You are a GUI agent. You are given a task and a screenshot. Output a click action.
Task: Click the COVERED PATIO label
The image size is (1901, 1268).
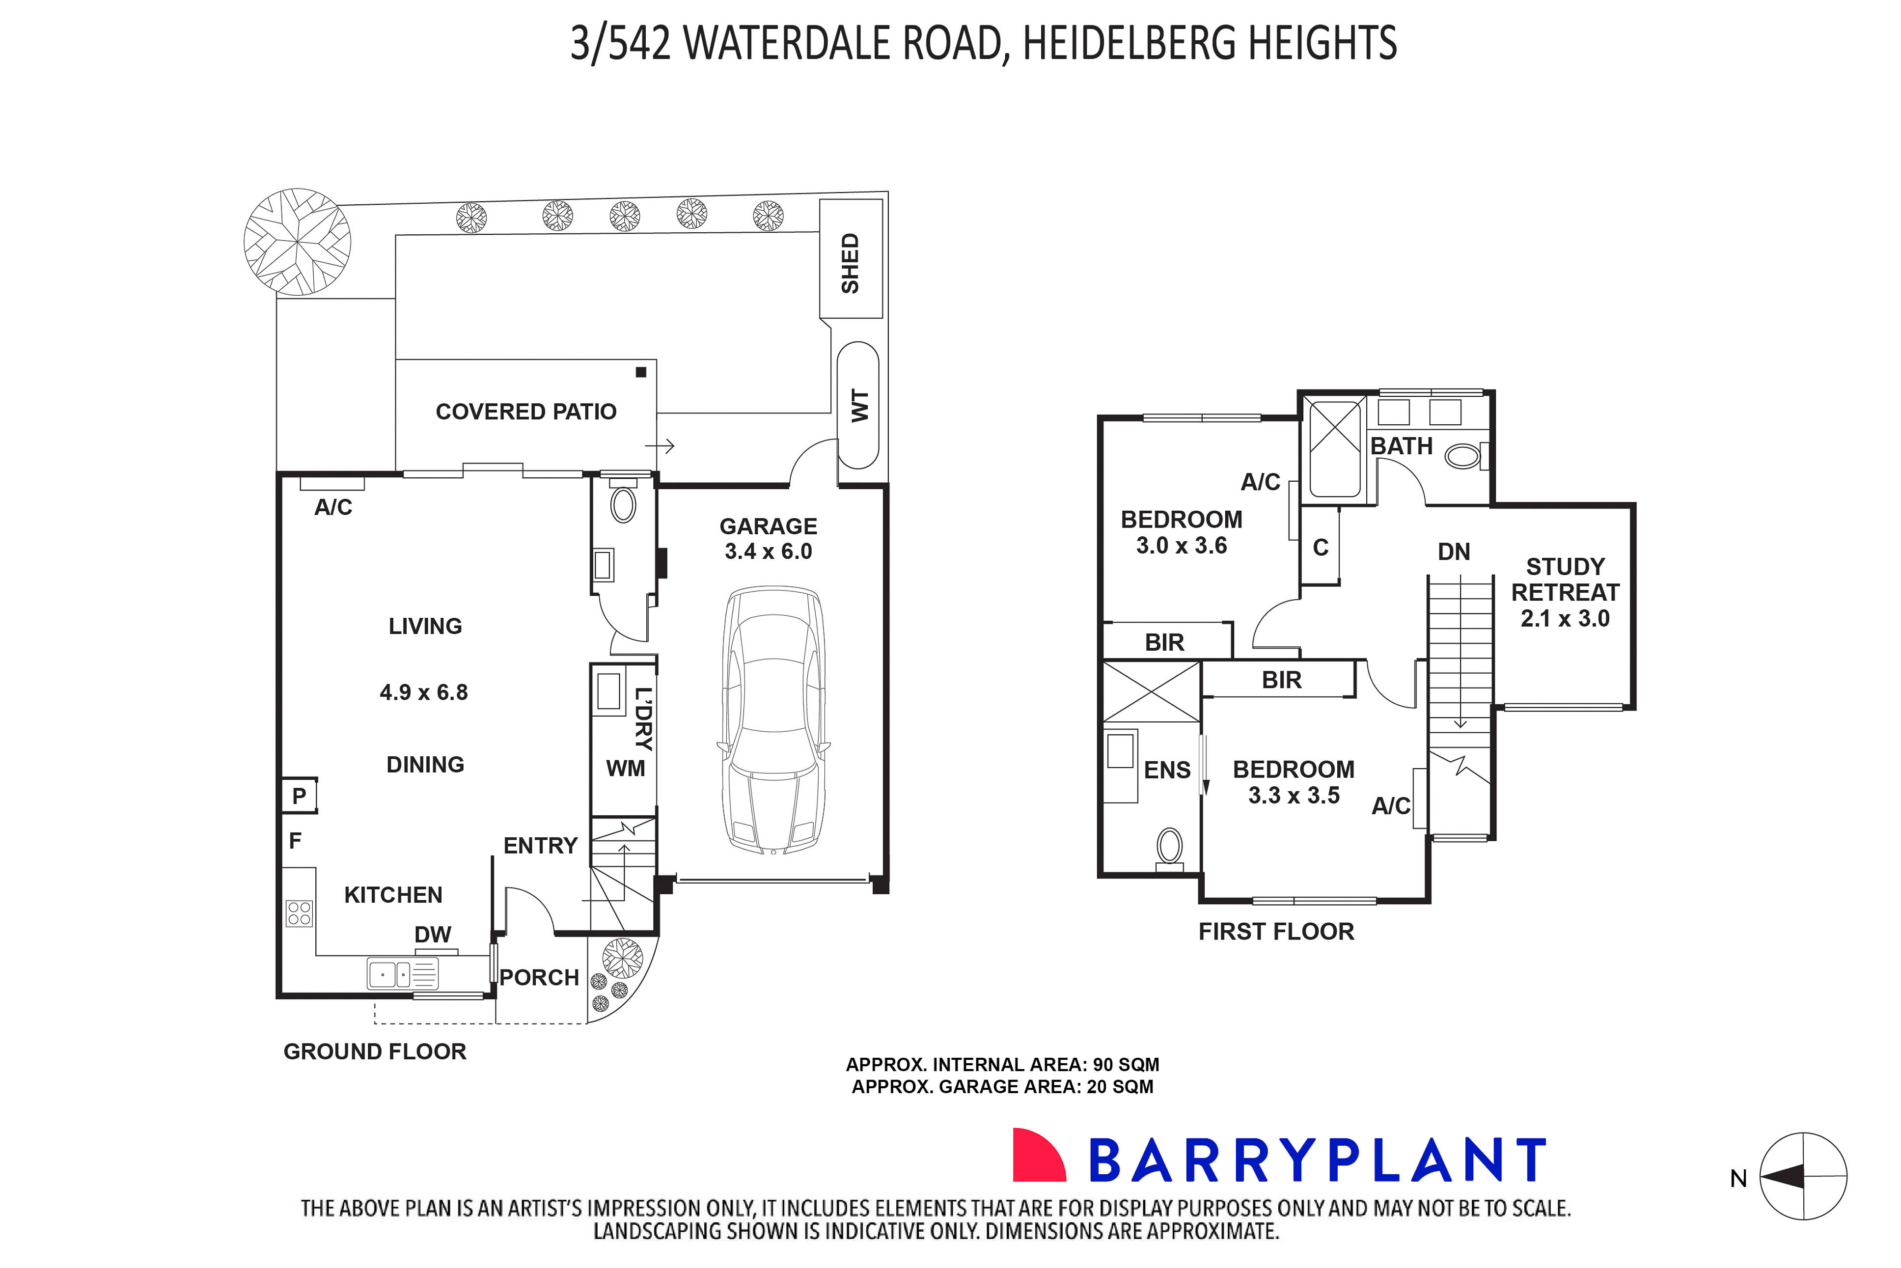tap(525, 412)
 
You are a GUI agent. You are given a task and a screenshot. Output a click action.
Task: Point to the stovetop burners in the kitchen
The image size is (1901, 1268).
tap(299, 913)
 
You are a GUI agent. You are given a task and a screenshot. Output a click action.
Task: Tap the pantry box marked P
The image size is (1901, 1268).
tap(299, 796)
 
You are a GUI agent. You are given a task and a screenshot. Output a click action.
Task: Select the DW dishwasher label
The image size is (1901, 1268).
tap(433, 934)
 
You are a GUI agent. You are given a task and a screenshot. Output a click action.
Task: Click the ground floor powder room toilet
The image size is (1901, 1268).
tap(623, 505)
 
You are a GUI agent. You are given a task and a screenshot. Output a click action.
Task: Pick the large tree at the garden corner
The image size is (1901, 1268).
tap(298, 242)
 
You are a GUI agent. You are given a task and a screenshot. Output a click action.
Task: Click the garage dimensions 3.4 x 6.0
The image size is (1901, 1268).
tap(768, 551)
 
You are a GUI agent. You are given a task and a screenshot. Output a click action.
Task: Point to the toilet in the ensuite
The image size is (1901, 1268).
tap(1169, 847)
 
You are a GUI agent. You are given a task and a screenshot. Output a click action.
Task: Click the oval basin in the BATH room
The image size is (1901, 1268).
tap(1462, 457)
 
